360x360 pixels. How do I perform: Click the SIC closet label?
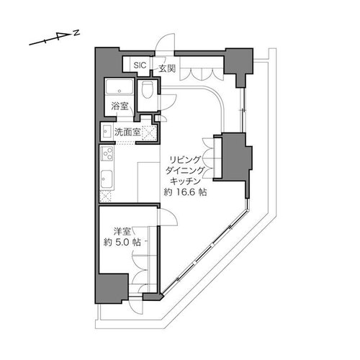pos(140,65)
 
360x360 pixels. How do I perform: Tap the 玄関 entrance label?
pos(167,69)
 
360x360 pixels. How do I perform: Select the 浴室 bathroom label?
pos(120,106)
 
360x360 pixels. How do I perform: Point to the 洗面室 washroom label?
pos(127,132)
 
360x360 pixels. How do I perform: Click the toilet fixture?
pos(147,89)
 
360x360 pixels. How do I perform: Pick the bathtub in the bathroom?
pos(120,86)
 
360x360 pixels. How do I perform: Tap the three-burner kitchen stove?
pos(107,153)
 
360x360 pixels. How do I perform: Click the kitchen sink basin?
pos(107,179)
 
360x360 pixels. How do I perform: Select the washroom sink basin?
pos(106,132)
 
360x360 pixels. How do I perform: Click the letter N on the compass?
pos(76,33)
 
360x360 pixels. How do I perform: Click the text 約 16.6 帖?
pos(185,192)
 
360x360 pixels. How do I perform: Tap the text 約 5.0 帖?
pos(122,243)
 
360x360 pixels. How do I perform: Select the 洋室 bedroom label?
pos(122,232)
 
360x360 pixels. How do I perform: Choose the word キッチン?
pos(185,181)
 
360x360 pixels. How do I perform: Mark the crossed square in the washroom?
pos(149,132)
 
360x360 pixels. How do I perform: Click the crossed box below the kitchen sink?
pos(106,196)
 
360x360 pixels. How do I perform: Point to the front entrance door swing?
pos(165,42)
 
